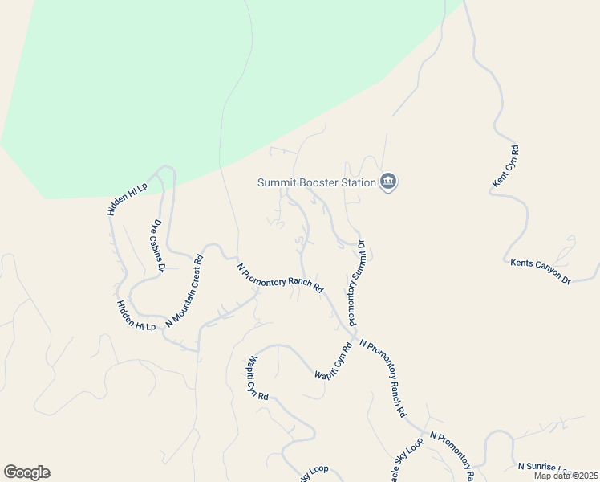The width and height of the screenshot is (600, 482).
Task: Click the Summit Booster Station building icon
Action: pos(388,182)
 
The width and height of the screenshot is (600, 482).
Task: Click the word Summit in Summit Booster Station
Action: pos(274,182)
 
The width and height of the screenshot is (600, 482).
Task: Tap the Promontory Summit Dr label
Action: pos(357,283)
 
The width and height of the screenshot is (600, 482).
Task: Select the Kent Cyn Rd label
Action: pos(505,167)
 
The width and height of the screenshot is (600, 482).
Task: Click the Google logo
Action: pos(26,472)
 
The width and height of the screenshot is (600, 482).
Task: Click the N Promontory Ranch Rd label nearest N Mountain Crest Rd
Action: pos(280,277)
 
